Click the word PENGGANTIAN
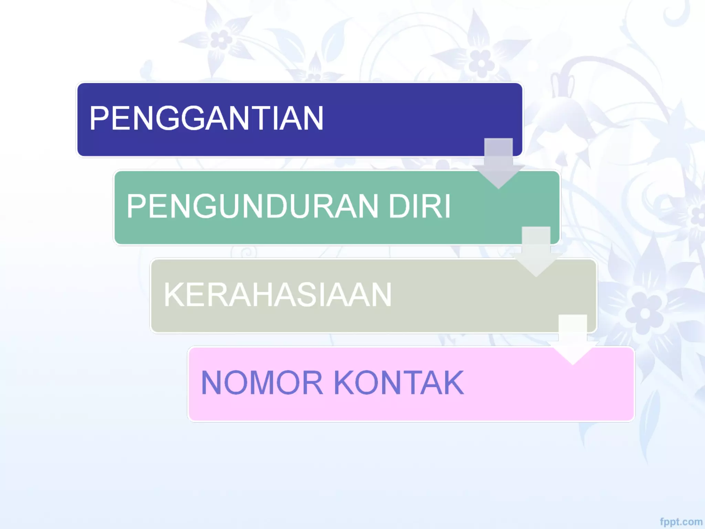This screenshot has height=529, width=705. pos(207,118)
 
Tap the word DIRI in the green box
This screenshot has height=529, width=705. pos(419,206)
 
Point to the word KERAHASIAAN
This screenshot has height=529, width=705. pos(277,294)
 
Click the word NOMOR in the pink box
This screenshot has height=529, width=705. pos(262,383)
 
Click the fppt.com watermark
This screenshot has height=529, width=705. pos(681,522)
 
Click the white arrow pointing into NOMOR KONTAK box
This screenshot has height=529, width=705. pos(572,339)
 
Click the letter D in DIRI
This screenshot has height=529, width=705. pos(400,206)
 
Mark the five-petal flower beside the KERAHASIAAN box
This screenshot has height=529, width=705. pos(645,313)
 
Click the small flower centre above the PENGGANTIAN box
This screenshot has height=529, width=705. pos(221,39)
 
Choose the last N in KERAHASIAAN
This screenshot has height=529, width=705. pos(379,294)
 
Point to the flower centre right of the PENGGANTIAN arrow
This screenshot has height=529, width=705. pos(481,63)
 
